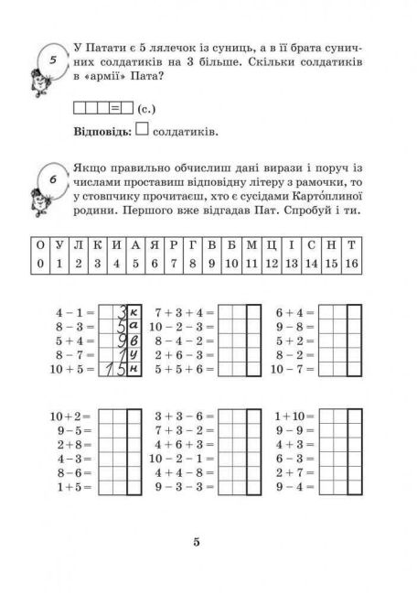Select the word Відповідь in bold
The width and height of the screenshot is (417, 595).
pyautogui.click(x=101, y=134)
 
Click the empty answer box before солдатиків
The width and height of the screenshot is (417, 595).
pyautogui.click(x=141, y=132)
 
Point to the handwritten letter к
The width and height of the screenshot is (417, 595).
pyautogui.click(x=134, y=312)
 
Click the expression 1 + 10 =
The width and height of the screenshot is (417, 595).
pyautogui.click(x=294, y=416)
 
